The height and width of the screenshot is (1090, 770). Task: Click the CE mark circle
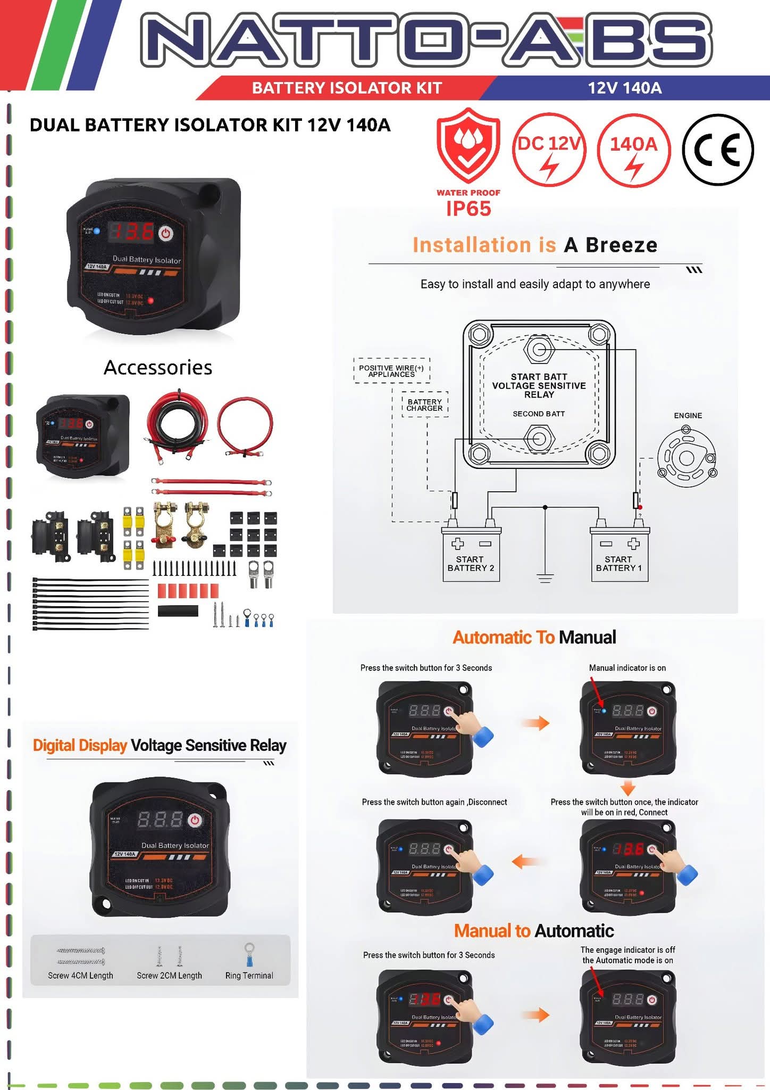(717, 150)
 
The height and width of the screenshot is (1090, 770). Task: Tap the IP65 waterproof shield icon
(468, 146)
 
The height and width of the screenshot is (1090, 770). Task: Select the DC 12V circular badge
(549, 150)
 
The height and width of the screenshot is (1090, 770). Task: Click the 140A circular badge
(633, 150)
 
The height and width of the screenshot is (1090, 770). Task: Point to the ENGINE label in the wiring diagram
(688, 416)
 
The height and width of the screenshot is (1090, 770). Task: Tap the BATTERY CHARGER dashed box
(424, 405)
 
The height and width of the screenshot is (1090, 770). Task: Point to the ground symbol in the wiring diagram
(545, 577)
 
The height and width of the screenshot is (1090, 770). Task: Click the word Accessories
(158, 368)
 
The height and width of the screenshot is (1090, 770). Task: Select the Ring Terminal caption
(249, 976)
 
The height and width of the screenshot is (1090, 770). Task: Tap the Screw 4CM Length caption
(80, 976)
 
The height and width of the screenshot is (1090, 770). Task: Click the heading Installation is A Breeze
(535, 245)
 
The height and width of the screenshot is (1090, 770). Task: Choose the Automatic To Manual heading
(534, 638)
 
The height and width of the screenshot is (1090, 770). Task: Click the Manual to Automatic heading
(534, 931)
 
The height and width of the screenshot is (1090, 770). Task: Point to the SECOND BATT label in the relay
(539, 414)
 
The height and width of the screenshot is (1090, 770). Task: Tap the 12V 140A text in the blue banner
(625, 88)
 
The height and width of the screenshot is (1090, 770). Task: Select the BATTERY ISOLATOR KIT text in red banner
(347, 88)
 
